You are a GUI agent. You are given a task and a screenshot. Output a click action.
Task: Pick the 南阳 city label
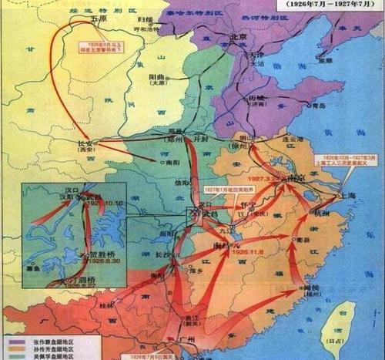161,163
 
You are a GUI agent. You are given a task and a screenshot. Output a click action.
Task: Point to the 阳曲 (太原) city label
162,80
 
